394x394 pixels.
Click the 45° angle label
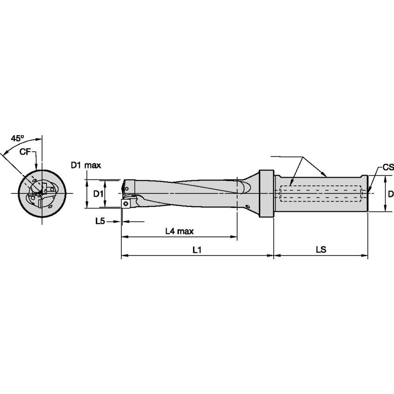[x=18, y=138]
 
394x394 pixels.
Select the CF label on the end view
[x=26, y=151]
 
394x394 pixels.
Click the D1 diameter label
[x=98, y=194]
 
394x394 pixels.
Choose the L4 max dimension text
[x=179, y=231]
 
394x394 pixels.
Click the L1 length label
[x=197, y=250]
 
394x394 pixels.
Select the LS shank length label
[x=321, y=250]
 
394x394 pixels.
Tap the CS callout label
[x=388, y=167]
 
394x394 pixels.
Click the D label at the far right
[x=390, y=194]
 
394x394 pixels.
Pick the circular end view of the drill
[x=42, y=193]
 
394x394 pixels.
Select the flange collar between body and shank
[x=266, y=193]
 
